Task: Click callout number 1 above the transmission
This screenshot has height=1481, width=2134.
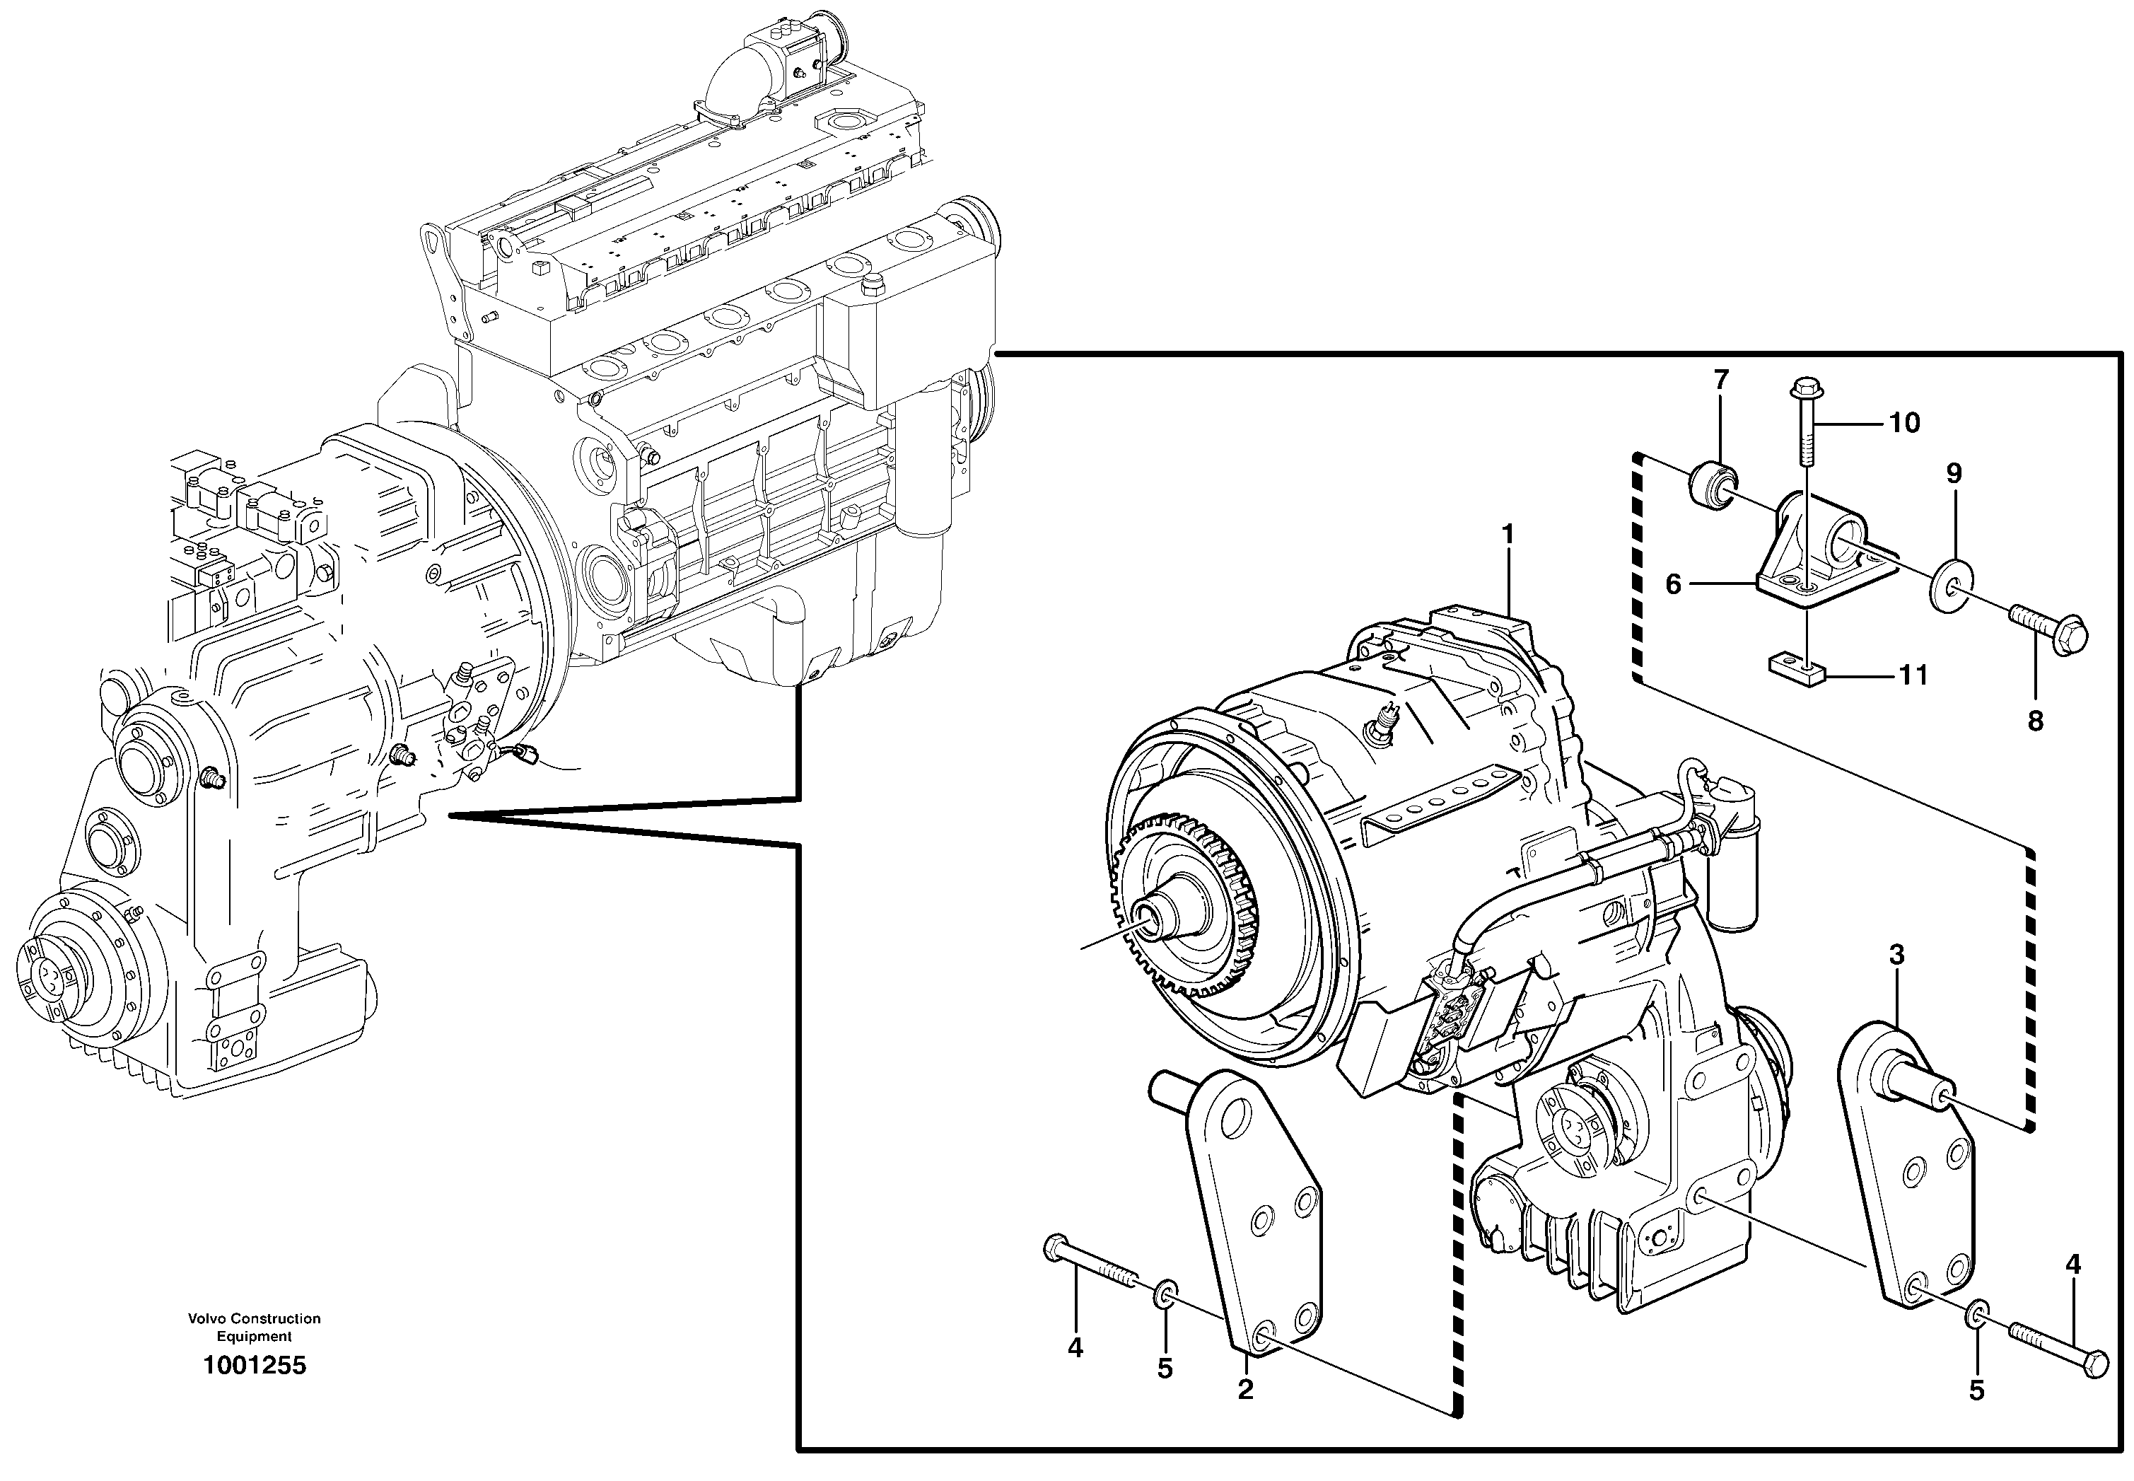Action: [x=1508, y=535]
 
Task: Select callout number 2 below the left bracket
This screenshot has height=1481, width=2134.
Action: [x=1245, y=1389]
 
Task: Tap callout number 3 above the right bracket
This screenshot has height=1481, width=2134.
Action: [x=1896, y=955]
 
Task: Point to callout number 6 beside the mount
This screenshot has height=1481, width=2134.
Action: [x=1673, y=585]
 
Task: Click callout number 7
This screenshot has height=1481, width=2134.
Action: [x=1721, y=380]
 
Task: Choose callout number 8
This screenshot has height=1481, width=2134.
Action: [x=2035, y=721]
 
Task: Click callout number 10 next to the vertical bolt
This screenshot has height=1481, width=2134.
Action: [x=1904, y=423]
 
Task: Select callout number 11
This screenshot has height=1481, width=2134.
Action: [x=1913, y=675]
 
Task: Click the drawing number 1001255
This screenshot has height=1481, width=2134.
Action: [x=255, y=1365]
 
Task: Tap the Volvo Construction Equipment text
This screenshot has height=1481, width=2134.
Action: [x=255, y=1327]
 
